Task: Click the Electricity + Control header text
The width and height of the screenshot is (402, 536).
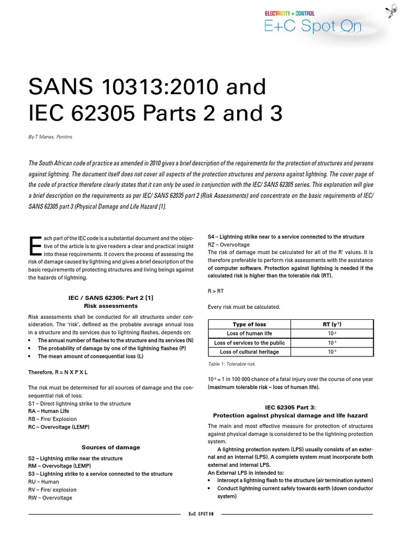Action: coord(289,13)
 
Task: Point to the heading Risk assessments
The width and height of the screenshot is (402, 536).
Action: coord(110,305)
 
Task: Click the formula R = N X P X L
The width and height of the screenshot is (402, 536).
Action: coord(58,372)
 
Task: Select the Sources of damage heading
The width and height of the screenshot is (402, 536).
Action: coord(110,448)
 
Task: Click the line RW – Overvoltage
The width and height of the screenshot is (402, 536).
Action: coord(50,498)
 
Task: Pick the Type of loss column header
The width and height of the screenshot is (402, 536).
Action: coord(249,325)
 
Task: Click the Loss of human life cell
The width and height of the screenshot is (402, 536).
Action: coord(249,333)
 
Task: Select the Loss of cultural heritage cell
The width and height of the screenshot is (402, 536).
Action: coord(249,352)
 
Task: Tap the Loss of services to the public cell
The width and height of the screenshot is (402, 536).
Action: coord(249,343)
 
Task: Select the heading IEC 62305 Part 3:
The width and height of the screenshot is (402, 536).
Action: coord(291,407)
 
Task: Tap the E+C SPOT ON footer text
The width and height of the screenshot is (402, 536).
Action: coord(202,514)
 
